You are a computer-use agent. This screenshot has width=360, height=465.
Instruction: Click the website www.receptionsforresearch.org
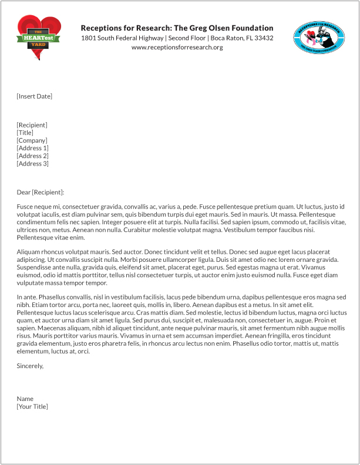point(177,47)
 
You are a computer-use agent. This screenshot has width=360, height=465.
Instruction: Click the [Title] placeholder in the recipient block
point(25,133)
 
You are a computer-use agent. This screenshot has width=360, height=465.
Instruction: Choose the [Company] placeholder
point(32,140)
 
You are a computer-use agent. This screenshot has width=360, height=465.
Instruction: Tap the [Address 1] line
point(32,148)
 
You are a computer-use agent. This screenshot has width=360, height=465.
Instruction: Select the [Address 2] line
point(32,156)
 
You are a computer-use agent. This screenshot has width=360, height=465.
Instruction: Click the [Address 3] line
point(32,163)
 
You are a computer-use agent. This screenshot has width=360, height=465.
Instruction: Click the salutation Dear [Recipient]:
point(40,192)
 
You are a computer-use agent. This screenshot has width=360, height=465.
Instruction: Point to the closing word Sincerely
point(29,366)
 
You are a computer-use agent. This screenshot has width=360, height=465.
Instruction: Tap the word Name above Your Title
point(25,399)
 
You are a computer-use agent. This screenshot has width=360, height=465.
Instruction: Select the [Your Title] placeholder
point(32,406)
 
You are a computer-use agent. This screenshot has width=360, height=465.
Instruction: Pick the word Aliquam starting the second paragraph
point(28,251)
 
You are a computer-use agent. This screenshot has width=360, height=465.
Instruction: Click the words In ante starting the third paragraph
point(26,296)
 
